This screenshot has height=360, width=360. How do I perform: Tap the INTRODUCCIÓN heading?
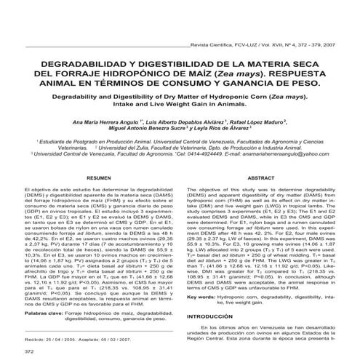[x=215, y=318]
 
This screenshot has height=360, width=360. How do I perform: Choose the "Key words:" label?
[x=207, y=297]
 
